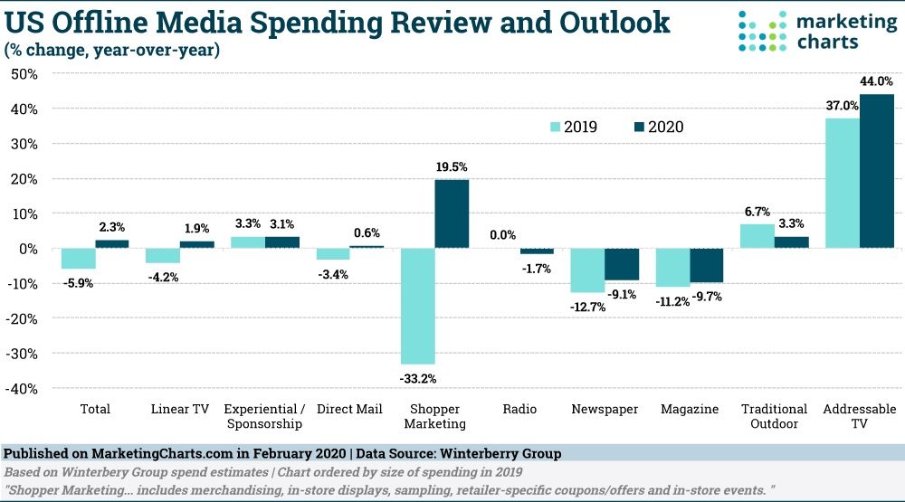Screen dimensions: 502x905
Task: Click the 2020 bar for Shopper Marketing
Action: point(452,214)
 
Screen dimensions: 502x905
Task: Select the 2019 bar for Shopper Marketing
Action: point(417,307)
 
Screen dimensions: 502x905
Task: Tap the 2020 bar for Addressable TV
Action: point(877,171)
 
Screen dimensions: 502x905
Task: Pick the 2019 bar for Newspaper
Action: point(587,270)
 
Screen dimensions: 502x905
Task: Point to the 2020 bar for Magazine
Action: point(706,266)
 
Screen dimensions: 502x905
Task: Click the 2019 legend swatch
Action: point(555,128)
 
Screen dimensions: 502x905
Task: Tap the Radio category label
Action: point(520,409)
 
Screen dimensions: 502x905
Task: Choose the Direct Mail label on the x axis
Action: point(349,409)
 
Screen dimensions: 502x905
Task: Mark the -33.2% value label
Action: point(417,378)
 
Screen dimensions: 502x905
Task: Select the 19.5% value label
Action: point(452,166)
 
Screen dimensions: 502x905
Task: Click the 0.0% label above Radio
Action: point(503,235)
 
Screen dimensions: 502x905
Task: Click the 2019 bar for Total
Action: point(78,259)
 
